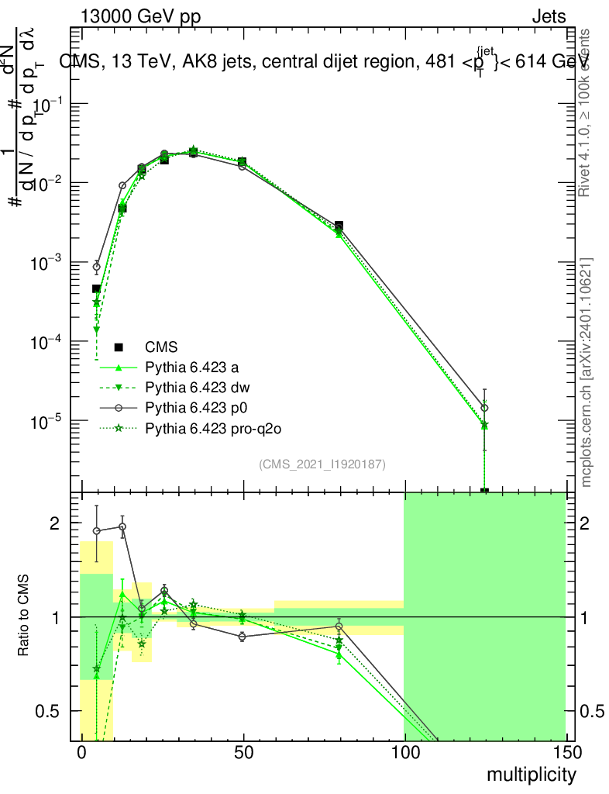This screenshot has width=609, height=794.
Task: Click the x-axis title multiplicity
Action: pyautogui.click(x=531, y=774)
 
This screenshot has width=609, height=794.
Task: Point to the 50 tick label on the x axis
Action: pyautogui.click(x=243, y=752)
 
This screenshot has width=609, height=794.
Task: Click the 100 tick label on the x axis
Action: pyautogui.click(x=404, y=752)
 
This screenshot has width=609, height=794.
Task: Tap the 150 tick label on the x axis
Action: pyautogui.click(x=565, y=752)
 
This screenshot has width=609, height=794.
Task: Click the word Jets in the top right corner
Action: pyautogui.click(x=549, y=17)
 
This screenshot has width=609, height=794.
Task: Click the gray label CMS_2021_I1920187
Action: pyautogui.click(x=322, y=464)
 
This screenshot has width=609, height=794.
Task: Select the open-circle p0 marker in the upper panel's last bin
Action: pyautogui.click(x=484, y=408)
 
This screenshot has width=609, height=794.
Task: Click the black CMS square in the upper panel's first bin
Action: pyautogui.click(x=97, y=288)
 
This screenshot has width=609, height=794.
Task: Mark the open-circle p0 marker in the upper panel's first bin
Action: pyautogui.click(x=97, y=267)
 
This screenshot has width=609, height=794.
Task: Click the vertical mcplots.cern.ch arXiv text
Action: pyautogui.click(x=587, y=372)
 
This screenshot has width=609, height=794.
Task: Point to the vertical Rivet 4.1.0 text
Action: pyautogui.click(x=587, y=112)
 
